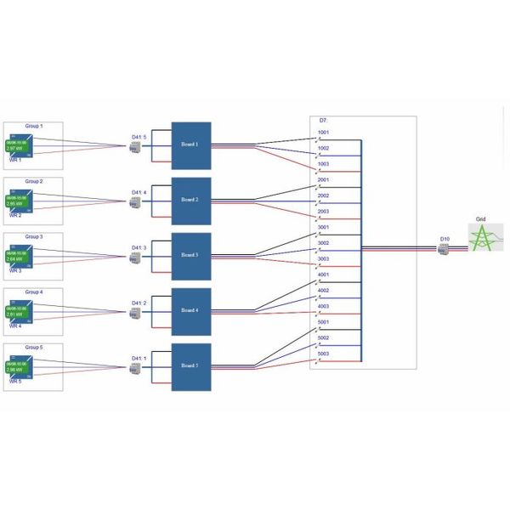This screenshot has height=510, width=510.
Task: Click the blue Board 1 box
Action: coord(191,145)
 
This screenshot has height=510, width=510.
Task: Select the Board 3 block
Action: coord(191,255)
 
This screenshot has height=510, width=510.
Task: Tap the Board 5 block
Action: coord(191,366)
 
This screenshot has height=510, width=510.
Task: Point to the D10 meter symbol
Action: coord(445,249)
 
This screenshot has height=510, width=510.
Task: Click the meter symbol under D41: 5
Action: coord(134,148)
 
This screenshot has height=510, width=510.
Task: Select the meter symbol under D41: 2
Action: coord(134,314)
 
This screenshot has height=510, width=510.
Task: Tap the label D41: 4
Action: coord(139,193)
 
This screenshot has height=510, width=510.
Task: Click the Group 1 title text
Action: coord(33,126)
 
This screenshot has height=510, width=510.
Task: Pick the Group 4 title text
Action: coord(33,292)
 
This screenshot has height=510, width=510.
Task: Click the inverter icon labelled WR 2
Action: coord(20,201)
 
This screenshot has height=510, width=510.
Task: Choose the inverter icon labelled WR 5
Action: coord(20,366)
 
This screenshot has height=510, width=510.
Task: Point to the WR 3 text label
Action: coord(14,270)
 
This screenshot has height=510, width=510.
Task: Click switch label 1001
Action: coord(323,133)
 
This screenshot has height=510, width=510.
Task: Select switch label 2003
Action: coord(323,211)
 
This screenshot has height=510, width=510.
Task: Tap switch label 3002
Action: coord(323,243)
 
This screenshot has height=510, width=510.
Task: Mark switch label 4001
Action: coord(323,275)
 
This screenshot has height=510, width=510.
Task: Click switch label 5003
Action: coord(323,354)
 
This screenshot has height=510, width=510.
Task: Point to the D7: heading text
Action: coord(323,121)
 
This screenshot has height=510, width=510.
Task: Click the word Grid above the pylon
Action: coord(480,218)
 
